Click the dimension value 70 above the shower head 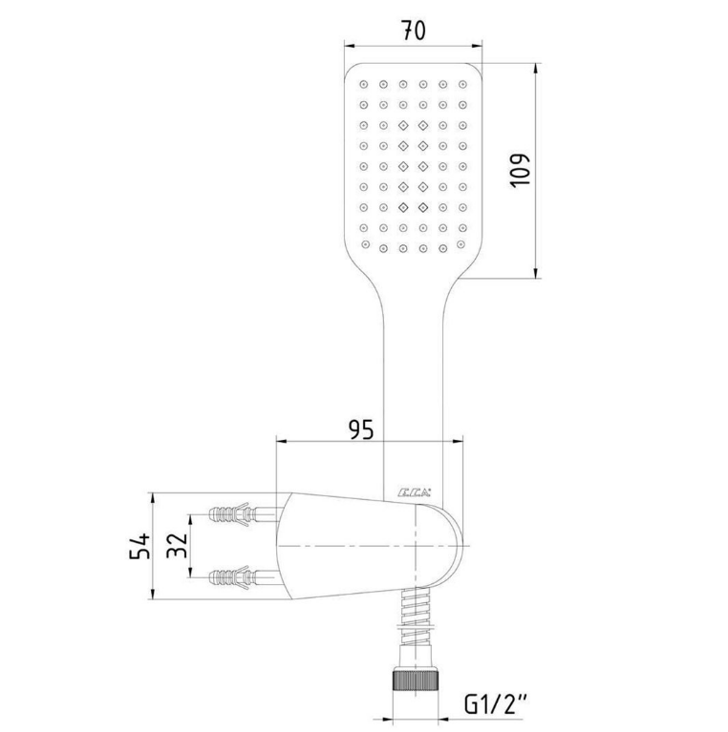414,31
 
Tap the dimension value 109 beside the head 520,171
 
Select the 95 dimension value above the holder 362,429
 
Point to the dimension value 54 139,546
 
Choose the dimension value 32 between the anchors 177,545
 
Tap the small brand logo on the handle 414,492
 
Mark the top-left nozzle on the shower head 364,85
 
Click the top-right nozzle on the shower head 462,85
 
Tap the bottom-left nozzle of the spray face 365,244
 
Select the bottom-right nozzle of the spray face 460,244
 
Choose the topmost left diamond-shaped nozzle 403,125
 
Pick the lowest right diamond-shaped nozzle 423,207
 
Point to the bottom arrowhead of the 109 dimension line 536,273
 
